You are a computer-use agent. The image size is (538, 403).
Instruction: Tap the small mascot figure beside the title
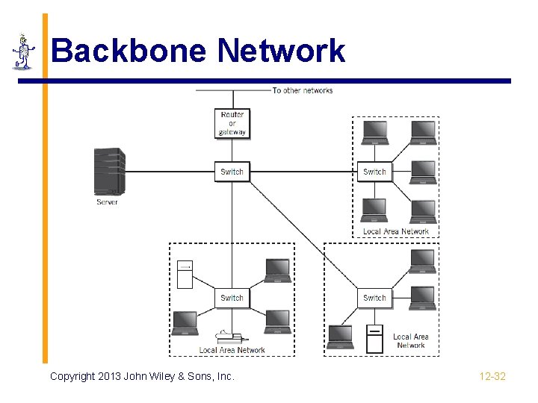[x=24, y=52]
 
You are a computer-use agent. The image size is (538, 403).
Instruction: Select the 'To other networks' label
[x=302, y=90]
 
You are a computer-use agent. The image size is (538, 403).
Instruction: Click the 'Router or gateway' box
[x=232, y=123]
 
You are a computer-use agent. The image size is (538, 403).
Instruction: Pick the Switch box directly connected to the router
[x=232, y=172]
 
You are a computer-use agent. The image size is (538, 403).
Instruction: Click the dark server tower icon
[x=109, y=172]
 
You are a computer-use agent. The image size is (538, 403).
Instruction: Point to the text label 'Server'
[x=107, y=201]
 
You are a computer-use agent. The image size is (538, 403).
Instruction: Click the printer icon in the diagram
[x=227, y=337]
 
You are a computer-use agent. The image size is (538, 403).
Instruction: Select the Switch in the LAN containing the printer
[x=232, y=298]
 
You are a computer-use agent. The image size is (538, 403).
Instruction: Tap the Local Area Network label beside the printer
[x=232, y=350]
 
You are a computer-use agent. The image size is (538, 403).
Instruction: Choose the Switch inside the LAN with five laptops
[x=374, y=172]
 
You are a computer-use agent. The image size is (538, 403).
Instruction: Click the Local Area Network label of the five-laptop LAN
[x=396, y=231]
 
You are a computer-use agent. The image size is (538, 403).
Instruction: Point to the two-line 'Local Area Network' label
[x=410, y=341]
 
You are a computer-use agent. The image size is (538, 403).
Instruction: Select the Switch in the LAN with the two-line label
[x=374, y=298]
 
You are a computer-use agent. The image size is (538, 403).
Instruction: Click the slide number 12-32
[x=492, y=376]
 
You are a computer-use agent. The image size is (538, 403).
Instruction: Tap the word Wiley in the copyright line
[x=173, y=376]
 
